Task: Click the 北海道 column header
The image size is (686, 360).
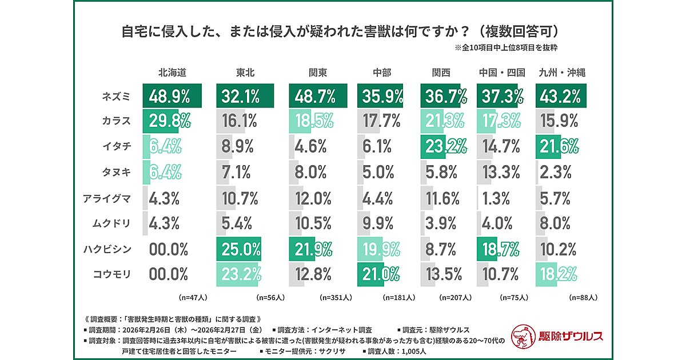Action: click(172, 73)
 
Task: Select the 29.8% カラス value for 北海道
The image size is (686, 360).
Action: click(169, 122)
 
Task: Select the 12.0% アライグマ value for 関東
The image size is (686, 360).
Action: click(312, 198)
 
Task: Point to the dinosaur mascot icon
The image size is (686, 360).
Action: click(521, 336)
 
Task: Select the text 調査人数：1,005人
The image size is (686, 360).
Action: click(398, 351)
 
